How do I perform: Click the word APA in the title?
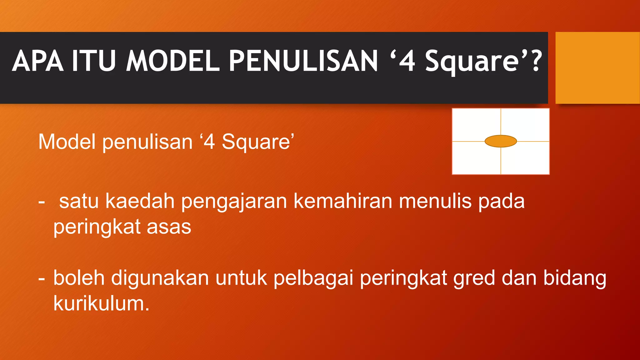tap(37, 61)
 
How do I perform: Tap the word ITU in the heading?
tap(94, 61)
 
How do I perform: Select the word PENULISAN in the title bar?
tap(303, 61)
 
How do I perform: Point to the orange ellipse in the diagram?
tap(501, 141)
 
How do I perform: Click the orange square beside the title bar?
tap(597, 68)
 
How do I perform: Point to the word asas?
tap(169, 227)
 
